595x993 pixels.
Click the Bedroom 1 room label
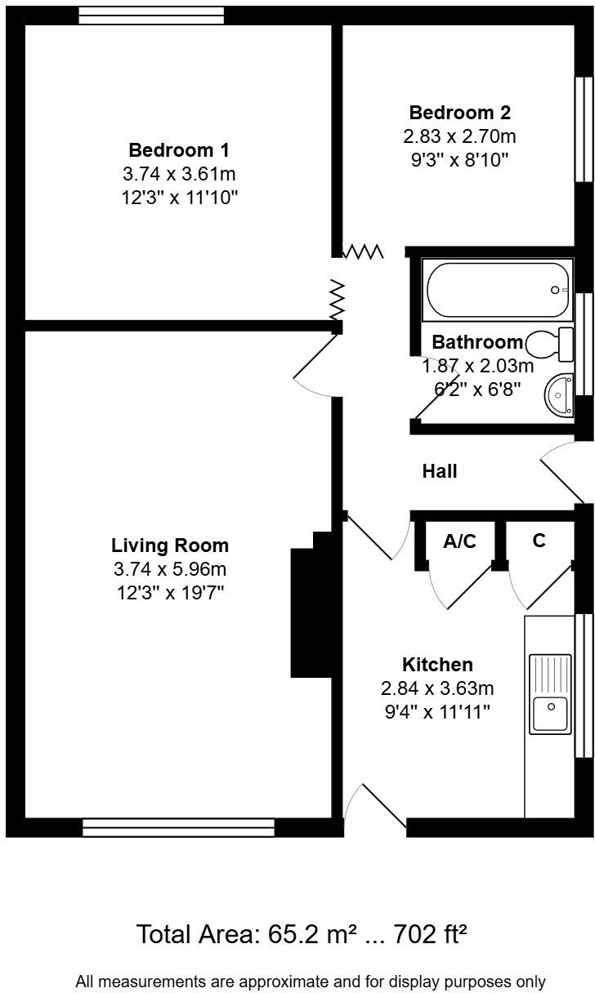click(178, 150)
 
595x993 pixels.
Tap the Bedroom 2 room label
click(459, 113)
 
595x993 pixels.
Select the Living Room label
click(170, 545)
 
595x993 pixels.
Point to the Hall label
click(439, 471)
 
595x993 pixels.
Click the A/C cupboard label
click(459, 541)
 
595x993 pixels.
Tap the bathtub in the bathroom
click(497, 290)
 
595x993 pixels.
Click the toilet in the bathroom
click(552, 344)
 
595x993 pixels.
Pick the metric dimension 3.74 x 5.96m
click(170, 568)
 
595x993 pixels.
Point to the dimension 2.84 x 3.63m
click(437, 688)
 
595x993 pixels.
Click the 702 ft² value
click(427, 933)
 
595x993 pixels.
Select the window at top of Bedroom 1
click(151, 15)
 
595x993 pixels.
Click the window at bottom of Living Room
click(178, 828)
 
